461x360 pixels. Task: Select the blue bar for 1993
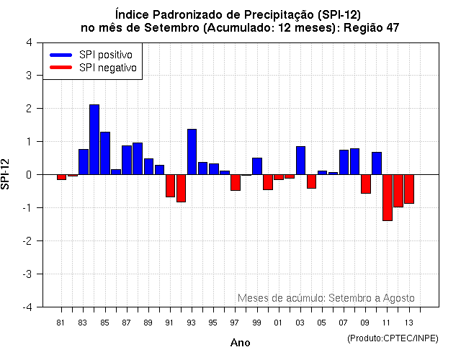point(192,152)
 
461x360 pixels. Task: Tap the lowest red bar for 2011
point(388,197)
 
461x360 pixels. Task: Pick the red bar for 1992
point(182,188)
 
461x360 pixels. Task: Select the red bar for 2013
point(409,189)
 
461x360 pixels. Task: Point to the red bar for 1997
point(236,182)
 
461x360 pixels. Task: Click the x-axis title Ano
point(240,343)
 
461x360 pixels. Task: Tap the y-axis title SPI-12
point(6,174)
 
